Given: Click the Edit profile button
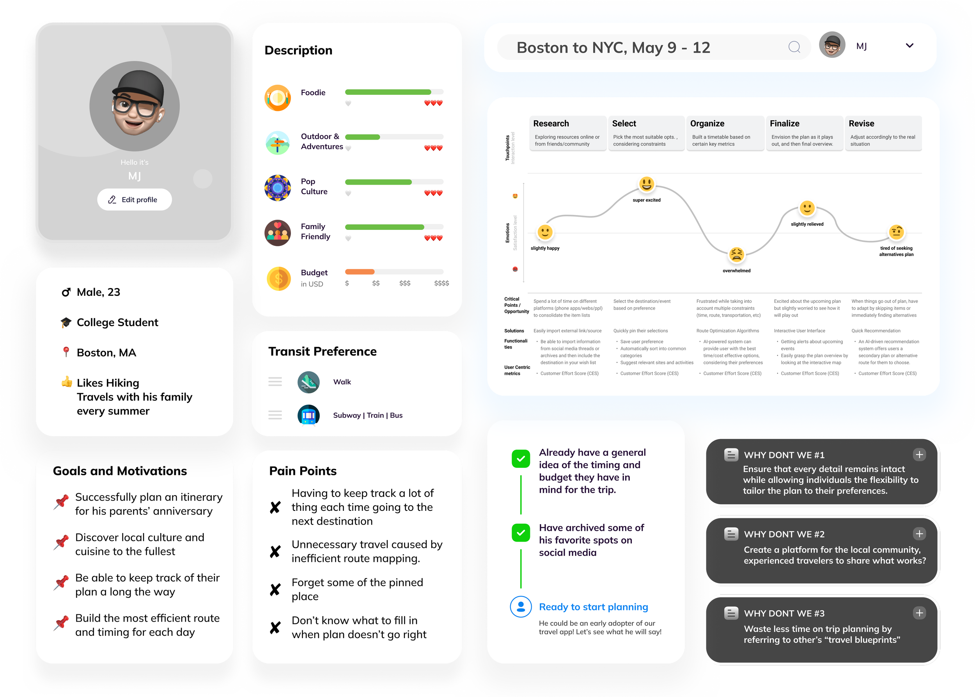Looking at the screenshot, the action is point(134,199).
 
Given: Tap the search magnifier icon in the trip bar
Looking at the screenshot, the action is point(794,47).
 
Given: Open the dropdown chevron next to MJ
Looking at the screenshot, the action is point(909,46).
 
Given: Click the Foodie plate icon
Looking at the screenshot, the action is point(278,98).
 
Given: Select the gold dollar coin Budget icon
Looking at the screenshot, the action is point(278,279).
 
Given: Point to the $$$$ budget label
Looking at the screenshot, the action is point(441,283).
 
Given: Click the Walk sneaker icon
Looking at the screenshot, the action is point(308,382).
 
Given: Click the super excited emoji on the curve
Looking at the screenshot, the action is point(647,184).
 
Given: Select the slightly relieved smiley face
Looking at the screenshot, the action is point(807,208).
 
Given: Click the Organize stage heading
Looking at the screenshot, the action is point(707,124).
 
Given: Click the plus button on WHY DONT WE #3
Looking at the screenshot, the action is point(919,613).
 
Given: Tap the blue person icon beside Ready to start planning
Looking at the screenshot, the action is point(521,607).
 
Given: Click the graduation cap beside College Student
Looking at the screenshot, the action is point(66,322).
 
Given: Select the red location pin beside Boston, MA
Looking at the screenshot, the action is point(66,352).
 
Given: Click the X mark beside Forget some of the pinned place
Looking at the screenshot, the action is point(275,590).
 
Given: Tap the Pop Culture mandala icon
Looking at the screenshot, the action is point(278,188).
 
